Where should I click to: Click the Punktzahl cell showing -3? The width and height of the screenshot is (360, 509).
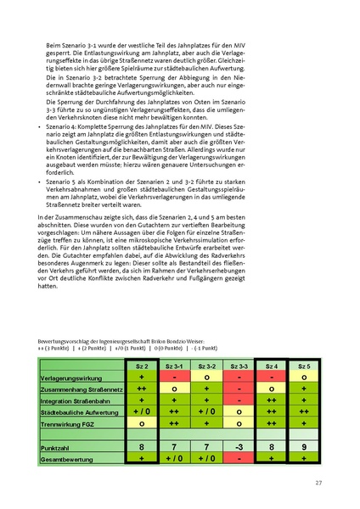tap(242, 445)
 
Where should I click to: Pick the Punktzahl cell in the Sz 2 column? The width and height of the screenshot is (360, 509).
tap(142, 445)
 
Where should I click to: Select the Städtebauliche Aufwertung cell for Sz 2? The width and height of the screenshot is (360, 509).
tap(142, 411)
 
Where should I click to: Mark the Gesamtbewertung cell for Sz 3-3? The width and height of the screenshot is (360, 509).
tap(242, 458)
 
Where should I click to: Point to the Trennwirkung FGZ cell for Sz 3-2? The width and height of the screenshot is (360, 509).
tap(206, 422)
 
